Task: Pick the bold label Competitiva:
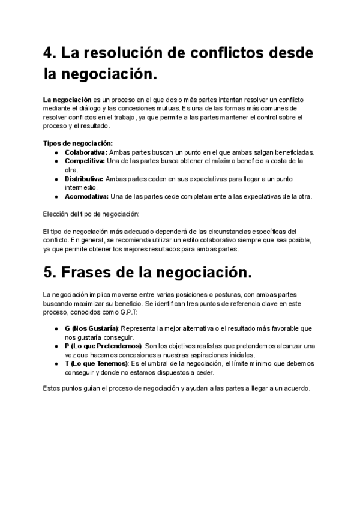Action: (x=85, y=161)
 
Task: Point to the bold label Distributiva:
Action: (x=84, y=179)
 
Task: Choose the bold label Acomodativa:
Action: (x=86, y=197)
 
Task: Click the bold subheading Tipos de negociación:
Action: (x=77, y=143)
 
